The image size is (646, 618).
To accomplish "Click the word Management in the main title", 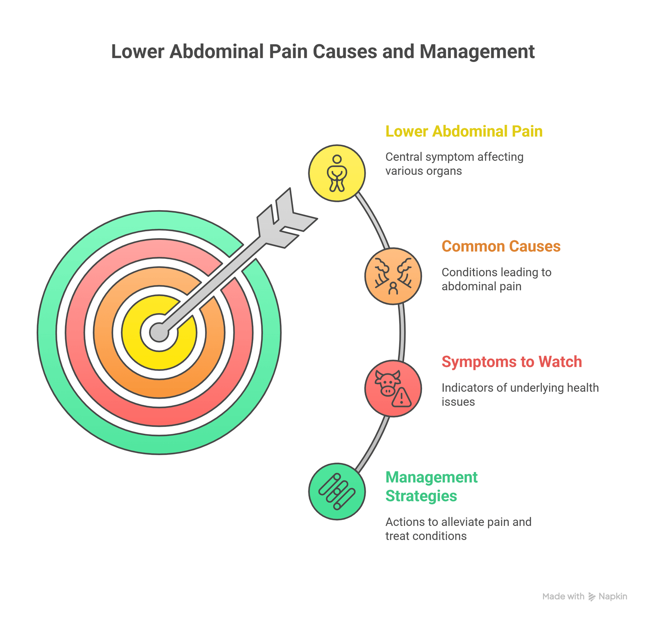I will pos(477,52).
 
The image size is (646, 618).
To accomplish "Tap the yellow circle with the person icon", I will pos(337,173).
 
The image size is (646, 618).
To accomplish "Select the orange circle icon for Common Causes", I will pos(393,276).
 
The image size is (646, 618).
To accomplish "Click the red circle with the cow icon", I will pos(393,388).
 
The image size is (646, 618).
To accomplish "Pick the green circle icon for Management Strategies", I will pos(337,491).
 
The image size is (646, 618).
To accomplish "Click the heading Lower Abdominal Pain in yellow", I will pos(464,131).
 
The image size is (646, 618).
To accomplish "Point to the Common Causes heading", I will pos(501,246).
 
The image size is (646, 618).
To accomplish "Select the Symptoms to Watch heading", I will pos(512,362).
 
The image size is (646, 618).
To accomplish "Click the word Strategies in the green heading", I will pos(421,496).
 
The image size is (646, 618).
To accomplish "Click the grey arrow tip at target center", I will pos(159,332).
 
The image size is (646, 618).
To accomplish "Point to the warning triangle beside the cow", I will pos(402,398).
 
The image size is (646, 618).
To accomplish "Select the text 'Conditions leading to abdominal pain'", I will pos(496,279).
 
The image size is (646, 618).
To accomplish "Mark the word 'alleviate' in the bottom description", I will pos(461,522).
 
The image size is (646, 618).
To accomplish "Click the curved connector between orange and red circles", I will pos(403,332).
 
